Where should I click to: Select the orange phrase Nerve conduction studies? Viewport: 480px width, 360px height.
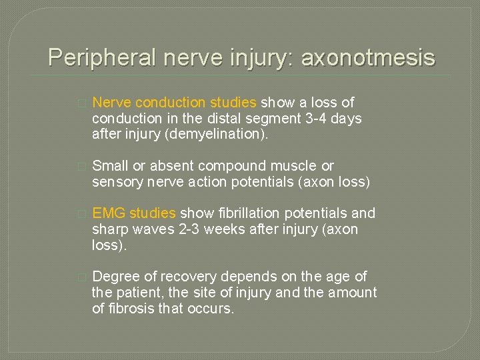[x=174, y=103]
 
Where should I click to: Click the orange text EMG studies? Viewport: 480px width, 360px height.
[x=134, y=213]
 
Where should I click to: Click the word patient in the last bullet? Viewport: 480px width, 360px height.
[x=137, y=293]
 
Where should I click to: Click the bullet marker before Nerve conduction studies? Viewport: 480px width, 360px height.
[x=81, y=103]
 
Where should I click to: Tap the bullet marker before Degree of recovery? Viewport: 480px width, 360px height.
[x=81, y=277]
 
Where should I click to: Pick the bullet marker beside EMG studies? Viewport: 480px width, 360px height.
[x=81, y=214]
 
